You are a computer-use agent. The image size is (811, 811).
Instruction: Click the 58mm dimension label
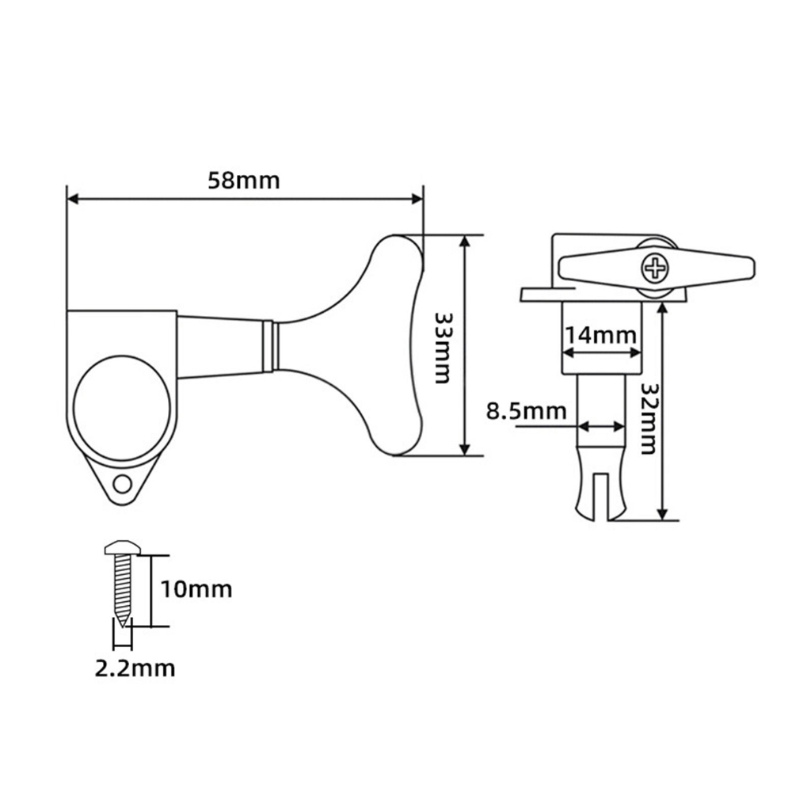[244, 181]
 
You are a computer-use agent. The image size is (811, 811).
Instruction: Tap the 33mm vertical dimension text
[442, 348]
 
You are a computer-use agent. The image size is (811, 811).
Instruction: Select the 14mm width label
[600, 336]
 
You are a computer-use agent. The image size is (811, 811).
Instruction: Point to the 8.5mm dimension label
[526, 411]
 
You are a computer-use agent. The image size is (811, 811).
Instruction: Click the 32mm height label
[648, 418]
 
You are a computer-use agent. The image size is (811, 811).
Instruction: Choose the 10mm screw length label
[196, 589]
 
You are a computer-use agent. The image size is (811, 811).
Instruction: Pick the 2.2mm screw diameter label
[135, 668]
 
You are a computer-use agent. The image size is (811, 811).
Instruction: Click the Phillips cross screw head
[655, 268]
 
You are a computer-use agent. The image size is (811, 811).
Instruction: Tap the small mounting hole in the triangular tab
[123, 485]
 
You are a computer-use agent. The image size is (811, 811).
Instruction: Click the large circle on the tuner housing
[121, 408]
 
